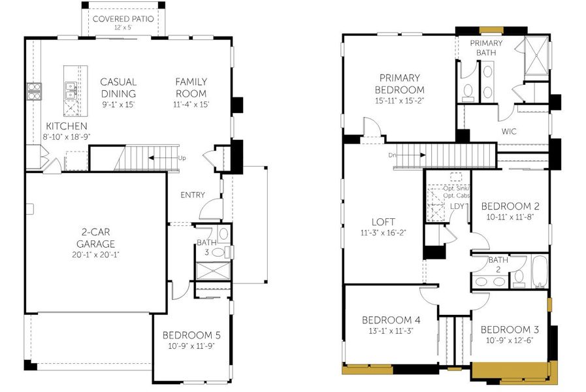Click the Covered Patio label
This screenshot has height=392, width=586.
coord(123,19)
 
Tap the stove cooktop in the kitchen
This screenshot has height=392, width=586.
coord(33,91)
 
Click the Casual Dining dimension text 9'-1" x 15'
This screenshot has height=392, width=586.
coord(118,104)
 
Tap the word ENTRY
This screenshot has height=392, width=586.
coord(192,195)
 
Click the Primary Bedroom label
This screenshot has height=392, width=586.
coord(399,84)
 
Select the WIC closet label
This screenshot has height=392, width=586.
coord(509,131)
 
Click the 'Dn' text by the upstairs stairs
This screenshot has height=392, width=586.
coord(391,155)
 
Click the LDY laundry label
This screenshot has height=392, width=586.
coord(458,206)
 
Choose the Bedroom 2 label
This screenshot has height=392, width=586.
coord(513,206)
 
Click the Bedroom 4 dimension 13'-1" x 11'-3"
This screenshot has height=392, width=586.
coord(391,331)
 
